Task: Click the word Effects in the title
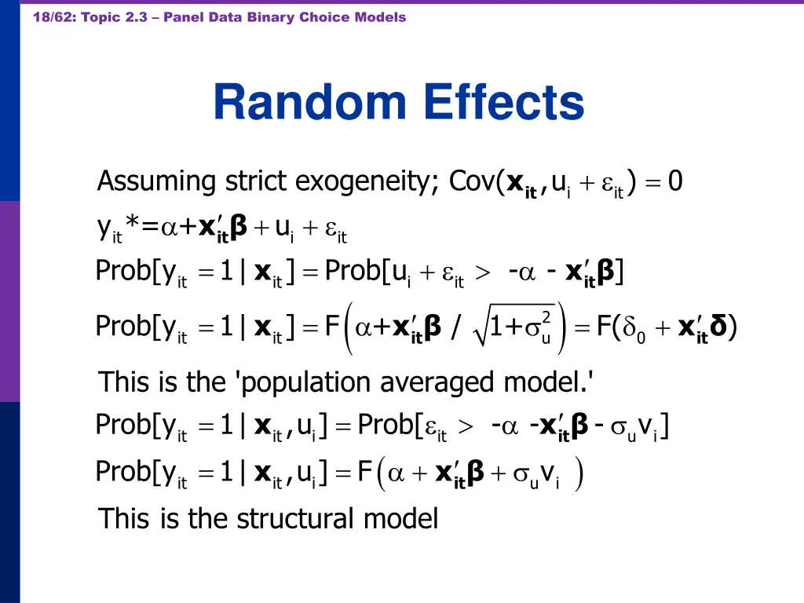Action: click(504, 103)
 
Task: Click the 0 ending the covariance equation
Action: click(675, 182)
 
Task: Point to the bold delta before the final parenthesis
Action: click(719, 325)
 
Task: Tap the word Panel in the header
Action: click(184, 17)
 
